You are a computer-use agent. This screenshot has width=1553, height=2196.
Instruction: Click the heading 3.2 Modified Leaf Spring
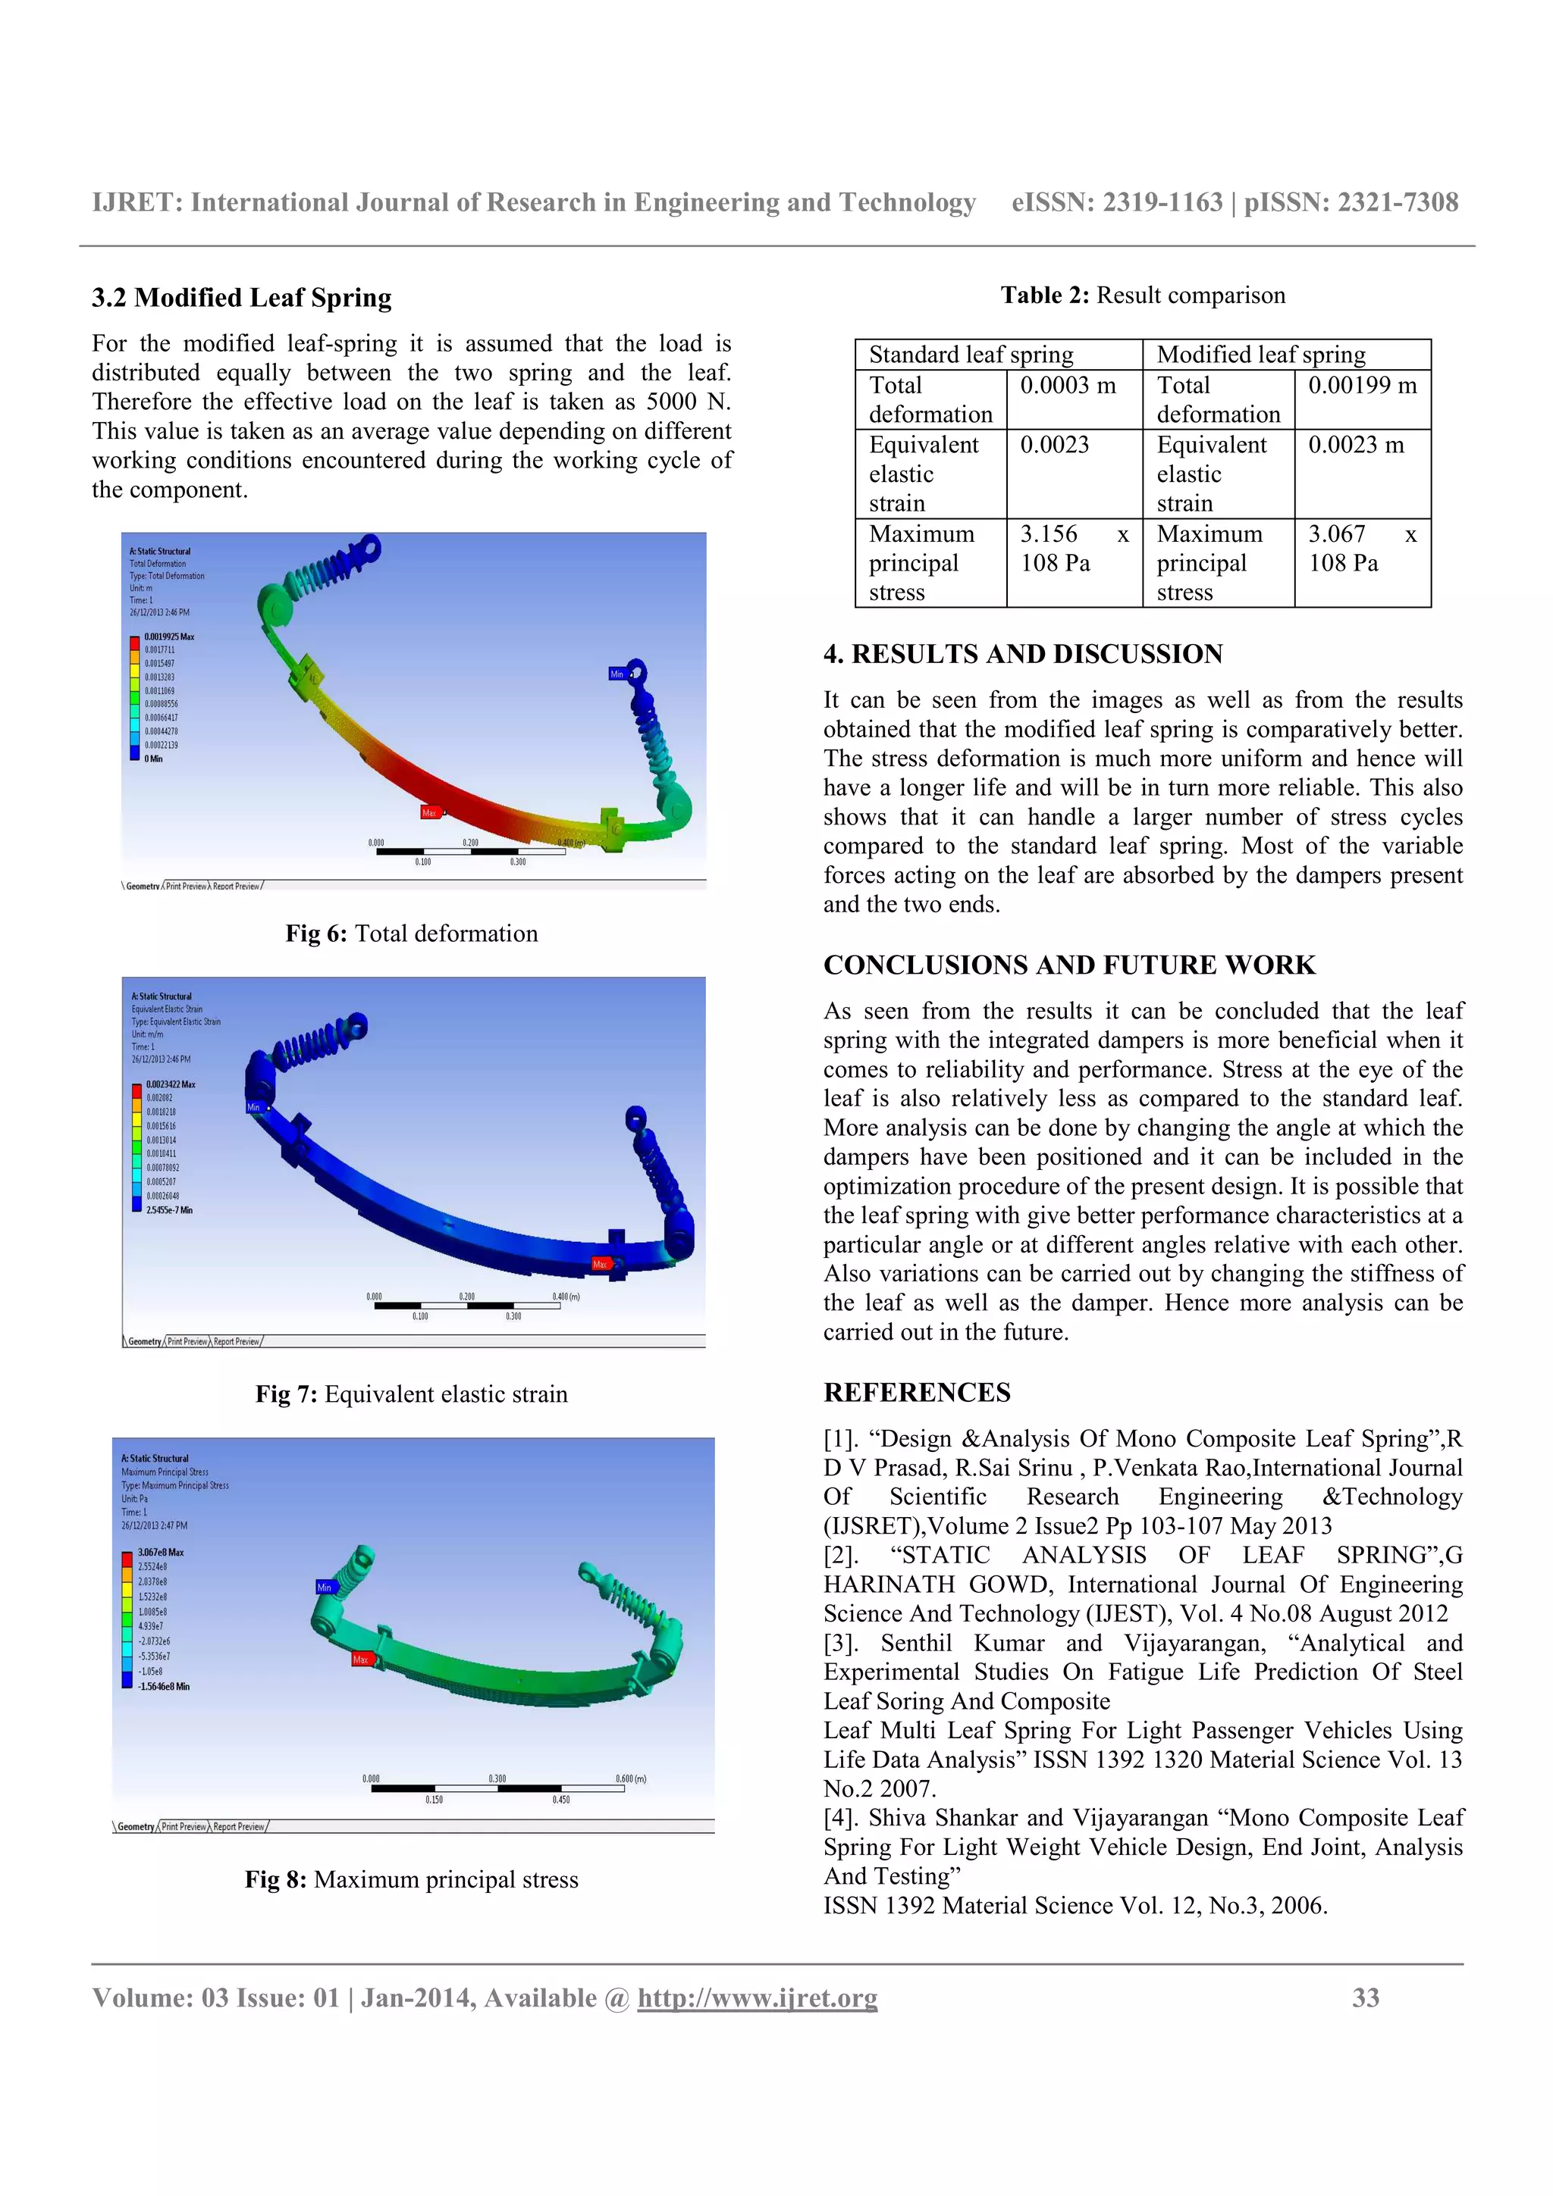click(241, 299)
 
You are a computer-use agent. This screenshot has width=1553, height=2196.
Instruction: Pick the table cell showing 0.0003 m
click(1067, 386)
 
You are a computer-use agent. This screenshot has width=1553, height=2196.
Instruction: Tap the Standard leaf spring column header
click(971, 355)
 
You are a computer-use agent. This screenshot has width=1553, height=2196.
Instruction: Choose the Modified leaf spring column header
click(1260, 355)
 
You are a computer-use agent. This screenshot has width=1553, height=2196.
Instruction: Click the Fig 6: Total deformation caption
click(412, 934)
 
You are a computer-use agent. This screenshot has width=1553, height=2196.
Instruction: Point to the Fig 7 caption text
click(412, 1394)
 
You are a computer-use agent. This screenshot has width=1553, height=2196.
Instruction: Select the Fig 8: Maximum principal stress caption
click(412, 1879)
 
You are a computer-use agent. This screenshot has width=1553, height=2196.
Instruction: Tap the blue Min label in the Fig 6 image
click(617, 674)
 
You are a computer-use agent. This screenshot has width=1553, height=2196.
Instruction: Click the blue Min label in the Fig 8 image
click(325, 1587)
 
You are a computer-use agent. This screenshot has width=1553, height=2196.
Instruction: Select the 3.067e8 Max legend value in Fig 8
click(160, 1553)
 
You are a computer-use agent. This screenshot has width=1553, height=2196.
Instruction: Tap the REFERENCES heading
click(916, 1393)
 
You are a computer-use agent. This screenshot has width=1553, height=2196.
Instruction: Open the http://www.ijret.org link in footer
click(757, 1998)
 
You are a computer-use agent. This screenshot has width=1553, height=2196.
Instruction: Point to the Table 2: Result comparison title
click(1143, 296)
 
